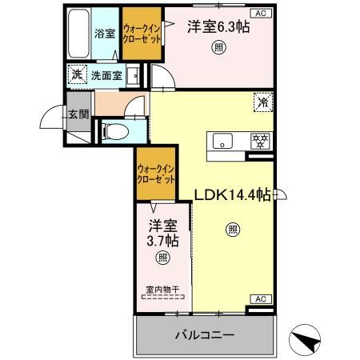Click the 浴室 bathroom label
coord(105,34)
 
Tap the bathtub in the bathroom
coord(78,34)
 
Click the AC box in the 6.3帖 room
coord(261,14)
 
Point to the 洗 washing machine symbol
coord(78,75)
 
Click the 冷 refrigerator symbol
coord(262,102)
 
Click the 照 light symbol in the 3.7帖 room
coord(162,258)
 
